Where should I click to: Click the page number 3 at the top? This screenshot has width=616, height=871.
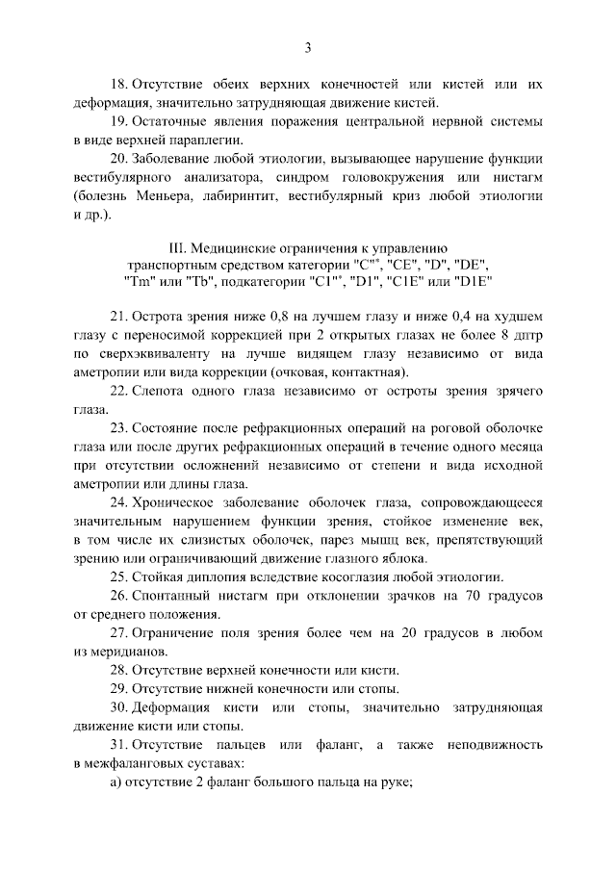click(307, 48)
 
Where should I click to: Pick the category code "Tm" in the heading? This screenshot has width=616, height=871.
click(138, 282)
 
